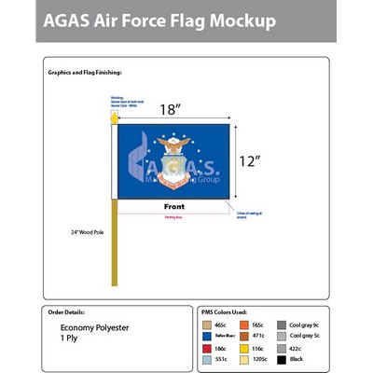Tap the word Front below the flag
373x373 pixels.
pos(174,207)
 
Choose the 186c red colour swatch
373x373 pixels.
pos(207,347)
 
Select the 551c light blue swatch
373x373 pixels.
pos(207,359)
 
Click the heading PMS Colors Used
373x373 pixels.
pos(225,311)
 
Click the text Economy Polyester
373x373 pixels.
pos(92,328)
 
